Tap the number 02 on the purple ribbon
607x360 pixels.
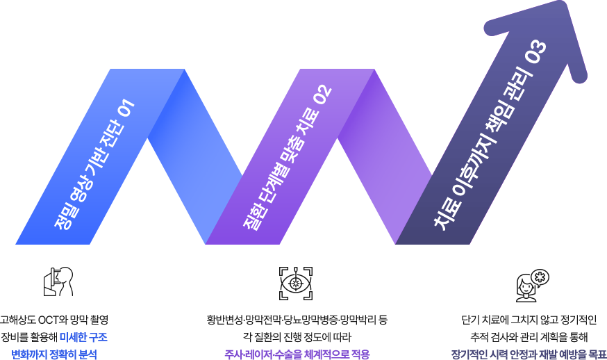(323, 94)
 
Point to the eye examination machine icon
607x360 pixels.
(58, 281)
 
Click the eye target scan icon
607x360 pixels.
(296, 284)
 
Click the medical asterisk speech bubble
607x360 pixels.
(540, 277)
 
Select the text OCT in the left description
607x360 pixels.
(49, 320)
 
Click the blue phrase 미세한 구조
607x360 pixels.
(83, 337)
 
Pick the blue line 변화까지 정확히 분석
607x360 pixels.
(54, 354)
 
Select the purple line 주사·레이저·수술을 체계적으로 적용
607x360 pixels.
(297, 354)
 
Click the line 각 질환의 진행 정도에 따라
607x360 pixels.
(297, 337)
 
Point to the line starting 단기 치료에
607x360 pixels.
(529, 320)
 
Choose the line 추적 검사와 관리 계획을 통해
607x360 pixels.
(529, 337)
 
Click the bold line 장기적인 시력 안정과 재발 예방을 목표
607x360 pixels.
(529, 354)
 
